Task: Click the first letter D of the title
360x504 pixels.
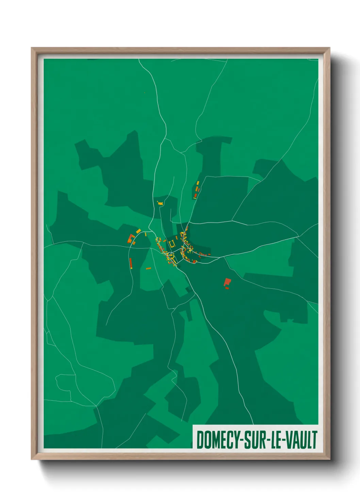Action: point(199,440)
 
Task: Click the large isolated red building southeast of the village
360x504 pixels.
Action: point(227,282)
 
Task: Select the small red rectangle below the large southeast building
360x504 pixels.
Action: point(227,288)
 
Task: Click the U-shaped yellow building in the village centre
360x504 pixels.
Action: point(172,243)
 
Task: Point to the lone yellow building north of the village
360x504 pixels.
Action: point(160,203)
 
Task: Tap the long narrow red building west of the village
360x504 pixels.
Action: point(130,263)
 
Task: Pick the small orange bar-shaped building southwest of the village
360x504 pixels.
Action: point(148,268)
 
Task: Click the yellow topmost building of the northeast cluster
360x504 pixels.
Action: point(198,183)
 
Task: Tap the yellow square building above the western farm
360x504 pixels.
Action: point(138,231)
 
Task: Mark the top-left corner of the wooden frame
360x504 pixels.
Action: point(32,48)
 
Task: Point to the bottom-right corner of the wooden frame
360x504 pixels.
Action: point(329,459)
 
